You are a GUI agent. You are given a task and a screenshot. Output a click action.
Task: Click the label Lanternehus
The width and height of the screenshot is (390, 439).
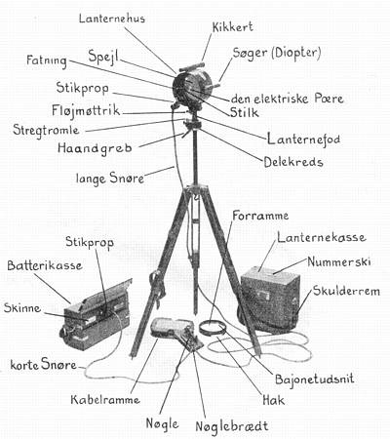(x=112, y=19)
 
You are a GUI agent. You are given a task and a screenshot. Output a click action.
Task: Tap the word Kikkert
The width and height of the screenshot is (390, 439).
(x=233, y=27)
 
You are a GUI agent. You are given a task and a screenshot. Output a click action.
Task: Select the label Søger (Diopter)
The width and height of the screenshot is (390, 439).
(x=277, y=53)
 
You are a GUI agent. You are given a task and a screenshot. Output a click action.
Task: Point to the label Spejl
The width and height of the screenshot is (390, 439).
(x=103, y=57)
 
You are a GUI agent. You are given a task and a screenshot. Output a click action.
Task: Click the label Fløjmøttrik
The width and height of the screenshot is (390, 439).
(x=86, y=110)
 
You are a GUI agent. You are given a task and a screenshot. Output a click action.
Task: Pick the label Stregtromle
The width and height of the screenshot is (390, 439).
(x=46, y=130)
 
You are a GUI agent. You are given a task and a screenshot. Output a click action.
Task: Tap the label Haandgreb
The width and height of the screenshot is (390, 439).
(x=95, y=148)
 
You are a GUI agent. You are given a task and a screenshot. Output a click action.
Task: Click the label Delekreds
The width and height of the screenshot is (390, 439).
(x=293, y=162)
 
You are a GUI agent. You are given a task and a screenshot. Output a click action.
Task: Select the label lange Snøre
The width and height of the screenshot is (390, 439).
(x=110, y=179)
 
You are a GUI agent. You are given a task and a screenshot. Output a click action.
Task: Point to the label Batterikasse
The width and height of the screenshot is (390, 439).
(x=45, y=265)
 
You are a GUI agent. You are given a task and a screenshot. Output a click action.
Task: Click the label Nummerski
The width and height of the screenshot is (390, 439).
(x=339, y=261)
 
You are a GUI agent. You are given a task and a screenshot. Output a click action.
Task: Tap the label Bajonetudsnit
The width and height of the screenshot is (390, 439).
(x=314, y=379)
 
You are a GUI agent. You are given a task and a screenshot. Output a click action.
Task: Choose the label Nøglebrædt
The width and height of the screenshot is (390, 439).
(x=232, y=426)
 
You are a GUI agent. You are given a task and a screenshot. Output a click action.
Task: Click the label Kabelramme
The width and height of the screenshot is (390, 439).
(x=105, y=399)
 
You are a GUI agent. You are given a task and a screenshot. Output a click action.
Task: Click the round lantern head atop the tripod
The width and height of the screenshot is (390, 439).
(x=192, y=89)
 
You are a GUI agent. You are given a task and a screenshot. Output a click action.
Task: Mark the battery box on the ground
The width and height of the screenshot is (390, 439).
(x=97, y=315)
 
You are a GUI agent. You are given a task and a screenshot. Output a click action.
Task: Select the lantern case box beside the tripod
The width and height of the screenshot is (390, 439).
(x=270, y=298)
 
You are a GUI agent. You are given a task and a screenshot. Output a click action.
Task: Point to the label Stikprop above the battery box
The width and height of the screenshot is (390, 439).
(x=90, y=243)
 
